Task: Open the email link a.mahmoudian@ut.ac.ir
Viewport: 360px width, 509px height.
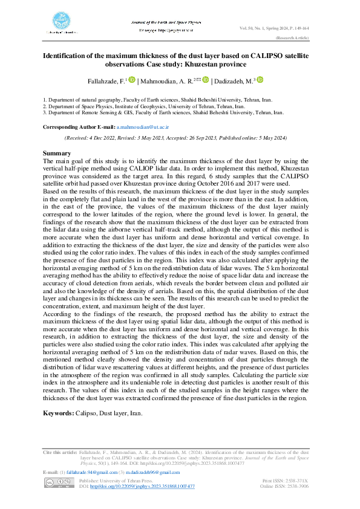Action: (143, 128)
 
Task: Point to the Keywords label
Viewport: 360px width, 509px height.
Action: (58, 413)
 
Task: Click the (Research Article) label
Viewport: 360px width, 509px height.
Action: (292, 37)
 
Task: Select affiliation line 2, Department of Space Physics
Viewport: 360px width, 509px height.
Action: (157, 106)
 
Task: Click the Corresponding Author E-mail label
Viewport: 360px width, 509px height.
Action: (79, 128)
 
